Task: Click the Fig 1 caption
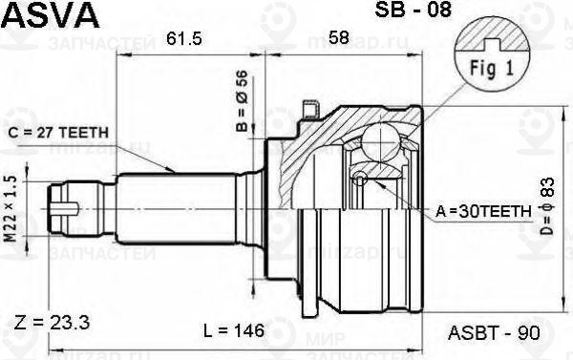[493, 70]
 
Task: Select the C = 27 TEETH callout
[69, 133]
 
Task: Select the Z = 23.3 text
[53, 325]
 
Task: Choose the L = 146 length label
[234, 331]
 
